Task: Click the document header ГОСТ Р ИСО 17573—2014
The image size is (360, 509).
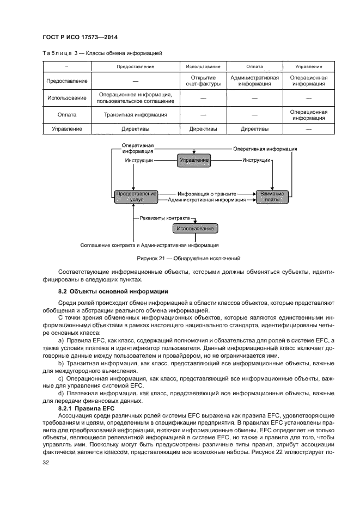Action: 80,37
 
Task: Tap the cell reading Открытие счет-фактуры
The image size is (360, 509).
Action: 203,81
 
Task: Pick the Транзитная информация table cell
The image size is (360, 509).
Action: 135,115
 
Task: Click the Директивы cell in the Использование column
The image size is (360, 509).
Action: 203,129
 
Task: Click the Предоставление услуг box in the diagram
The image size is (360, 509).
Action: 136,197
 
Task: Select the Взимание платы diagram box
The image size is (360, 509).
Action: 271,197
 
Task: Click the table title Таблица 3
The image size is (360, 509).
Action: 102,53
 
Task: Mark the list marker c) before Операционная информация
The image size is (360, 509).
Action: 60,377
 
